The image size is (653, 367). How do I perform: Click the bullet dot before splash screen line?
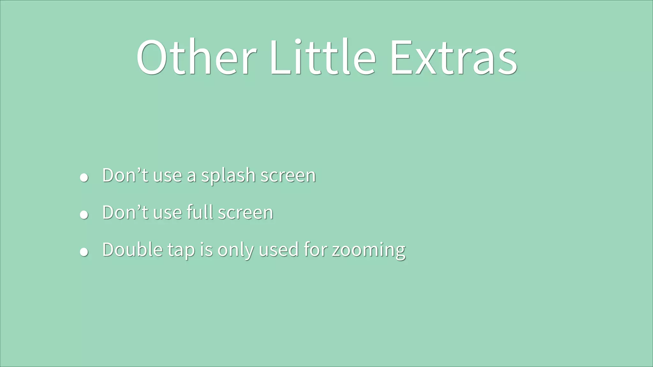[84, 177]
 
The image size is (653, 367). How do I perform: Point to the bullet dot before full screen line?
[84, 215]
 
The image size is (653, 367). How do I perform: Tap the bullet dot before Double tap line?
[84, 252]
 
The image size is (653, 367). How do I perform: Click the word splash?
[228, 176]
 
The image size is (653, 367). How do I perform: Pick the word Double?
[133, 249]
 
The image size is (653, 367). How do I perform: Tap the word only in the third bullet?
[235, 250]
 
